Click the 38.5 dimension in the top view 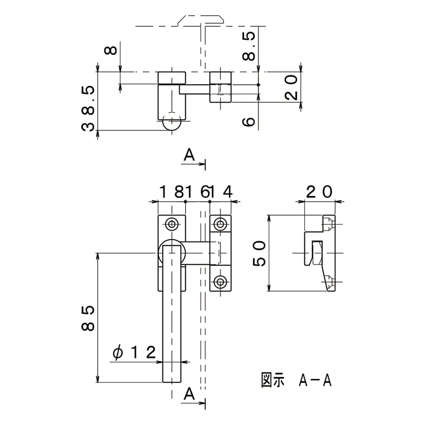(88, 108)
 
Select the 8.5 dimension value (248, 46)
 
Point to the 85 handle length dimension (88, 318)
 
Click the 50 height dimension (259, 253)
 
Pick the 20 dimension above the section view (319, 192)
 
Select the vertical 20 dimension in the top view (291, 88)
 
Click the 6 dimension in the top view (248, 122)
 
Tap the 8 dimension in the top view (111, 50)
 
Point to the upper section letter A (189, 155)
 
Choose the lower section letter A (189, 394)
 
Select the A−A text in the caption (315, 380)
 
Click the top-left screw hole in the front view (172, 224)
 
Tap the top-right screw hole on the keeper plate (220, 224)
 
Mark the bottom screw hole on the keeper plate (220, 282)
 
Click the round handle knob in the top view (172, 122)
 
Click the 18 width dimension (171, 192)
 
